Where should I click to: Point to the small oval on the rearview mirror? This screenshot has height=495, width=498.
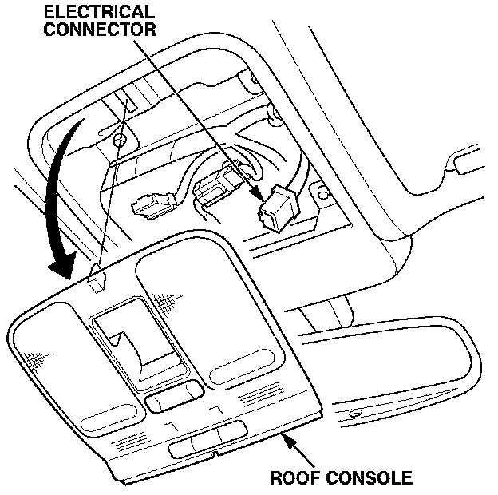354,413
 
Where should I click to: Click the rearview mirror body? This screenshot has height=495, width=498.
399,375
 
